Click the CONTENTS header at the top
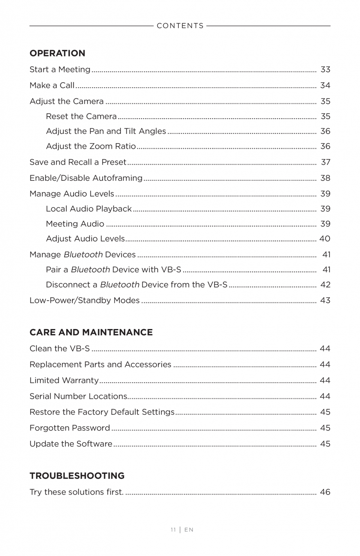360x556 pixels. pos(180,26)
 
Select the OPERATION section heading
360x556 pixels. pos(57,53)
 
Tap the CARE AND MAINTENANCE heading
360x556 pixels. pos(91,332)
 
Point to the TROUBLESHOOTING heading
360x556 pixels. pos(77,476)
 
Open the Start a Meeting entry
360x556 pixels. pos(60,70)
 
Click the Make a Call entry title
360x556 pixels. pos(52,85)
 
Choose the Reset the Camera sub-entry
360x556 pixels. pos(81,116)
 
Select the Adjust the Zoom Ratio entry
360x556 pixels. pos(91,146)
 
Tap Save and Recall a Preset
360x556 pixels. pos(78,162)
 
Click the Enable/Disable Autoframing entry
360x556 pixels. pos(86,178)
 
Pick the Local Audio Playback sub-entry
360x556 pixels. pos(88,209)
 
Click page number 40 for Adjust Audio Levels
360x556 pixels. pos(325,239)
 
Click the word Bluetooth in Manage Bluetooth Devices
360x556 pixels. pos(83,255)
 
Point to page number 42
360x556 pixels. pos(325,285)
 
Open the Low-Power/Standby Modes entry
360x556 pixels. pos(85,300)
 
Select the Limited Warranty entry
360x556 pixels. pos(64,380)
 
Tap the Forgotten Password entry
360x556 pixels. pos(70,428)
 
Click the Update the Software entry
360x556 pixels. pos(71,444)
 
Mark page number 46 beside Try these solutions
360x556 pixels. pos(325,492)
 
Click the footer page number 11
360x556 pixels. pos(173,530)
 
